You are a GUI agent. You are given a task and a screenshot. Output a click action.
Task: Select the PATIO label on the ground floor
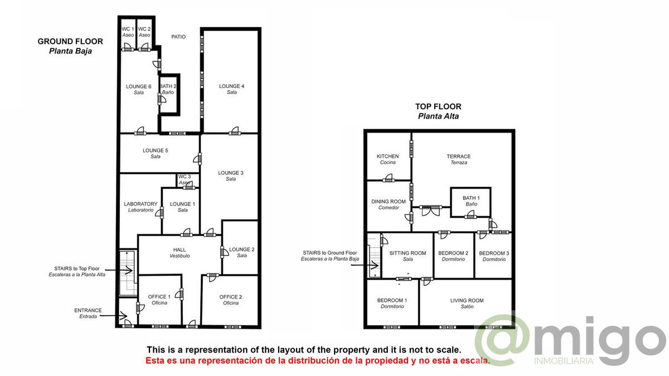(x=178, y=37)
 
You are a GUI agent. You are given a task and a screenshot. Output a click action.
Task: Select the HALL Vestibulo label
(x=180, y=252)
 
